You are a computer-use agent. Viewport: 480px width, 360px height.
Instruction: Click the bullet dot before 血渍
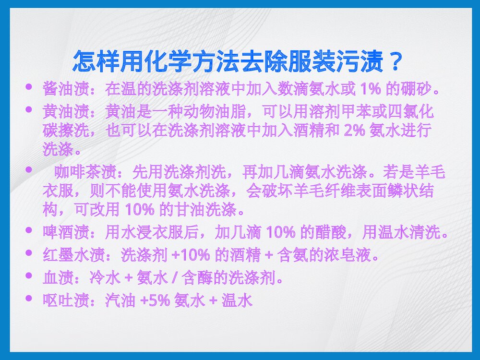(29, 276)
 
